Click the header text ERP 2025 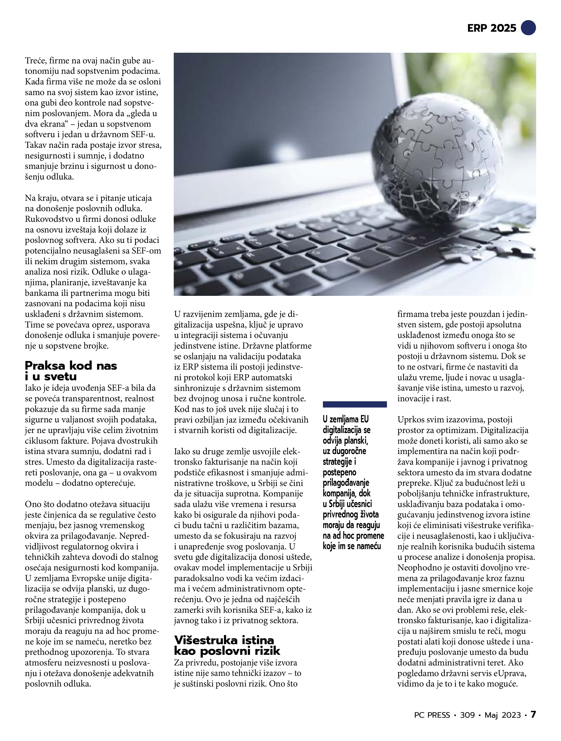491,28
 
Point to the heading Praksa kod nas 71,366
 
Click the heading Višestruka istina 224,640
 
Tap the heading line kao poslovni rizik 227,651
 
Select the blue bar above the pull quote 355,404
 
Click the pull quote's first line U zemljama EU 345,419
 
